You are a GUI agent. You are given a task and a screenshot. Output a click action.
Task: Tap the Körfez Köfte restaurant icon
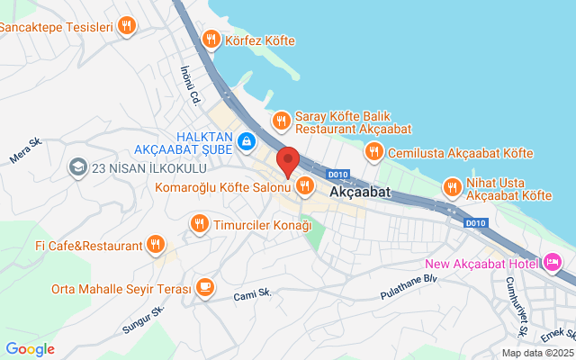coord(211,39)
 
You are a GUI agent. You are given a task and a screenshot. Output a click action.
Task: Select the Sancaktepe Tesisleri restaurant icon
coord(126,26)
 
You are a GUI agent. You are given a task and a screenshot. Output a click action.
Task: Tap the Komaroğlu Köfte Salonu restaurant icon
coord(304,186)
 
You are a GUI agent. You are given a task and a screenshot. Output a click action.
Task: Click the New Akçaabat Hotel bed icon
coord(553,263)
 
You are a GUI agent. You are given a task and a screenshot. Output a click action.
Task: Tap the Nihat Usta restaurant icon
coord(452,187)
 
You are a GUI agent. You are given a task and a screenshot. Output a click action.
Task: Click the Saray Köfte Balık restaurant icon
coord(281,119)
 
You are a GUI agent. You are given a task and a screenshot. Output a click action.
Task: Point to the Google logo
coord(30,349)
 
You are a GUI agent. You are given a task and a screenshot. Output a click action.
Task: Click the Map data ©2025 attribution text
coord(536,353)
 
